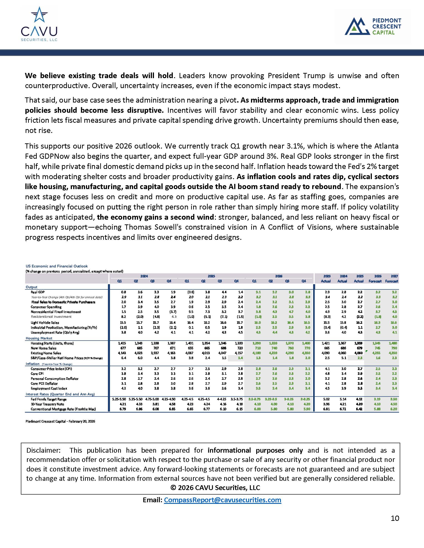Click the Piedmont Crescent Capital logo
point(373,26)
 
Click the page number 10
point(395,518)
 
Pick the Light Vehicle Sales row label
point(41,323)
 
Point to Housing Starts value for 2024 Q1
point(119,343)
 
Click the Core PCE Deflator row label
point(44,384)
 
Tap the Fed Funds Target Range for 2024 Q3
point(152,399)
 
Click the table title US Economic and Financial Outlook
point(57,266)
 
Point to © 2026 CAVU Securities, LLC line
point(215,488)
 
